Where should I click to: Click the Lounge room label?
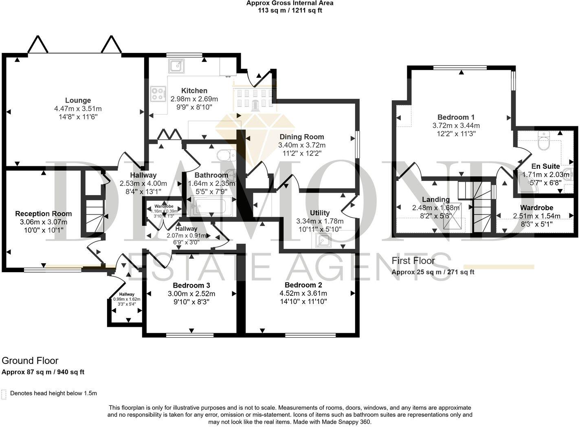78,100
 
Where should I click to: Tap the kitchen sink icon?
176,66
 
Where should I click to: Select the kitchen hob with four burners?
158,94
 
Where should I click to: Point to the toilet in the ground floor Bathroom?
226,155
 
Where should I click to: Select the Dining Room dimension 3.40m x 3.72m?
302,145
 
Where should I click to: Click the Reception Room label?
44,213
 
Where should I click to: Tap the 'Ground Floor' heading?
30,361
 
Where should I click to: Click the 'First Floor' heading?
413,260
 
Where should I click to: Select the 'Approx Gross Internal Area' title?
290,3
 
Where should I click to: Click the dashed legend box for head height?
4,394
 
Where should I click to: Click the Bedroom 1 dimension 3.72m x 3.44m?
456,125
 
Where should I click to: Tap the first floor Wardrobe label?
536,208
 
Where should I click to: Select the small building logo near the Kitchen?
254,96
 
